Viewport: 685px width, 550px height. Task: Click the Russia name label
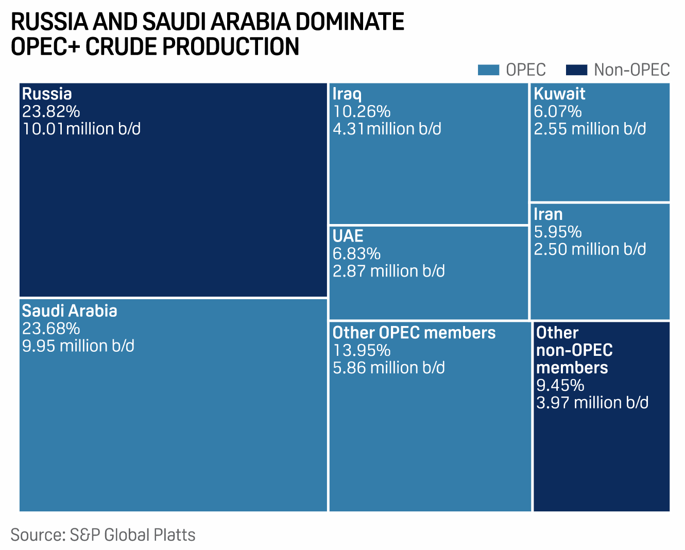(47, 94)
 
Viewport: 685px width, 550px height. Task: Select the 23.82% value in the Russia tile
(51, 111)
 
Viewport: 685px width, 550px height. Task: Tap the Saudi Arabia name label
(70, 311)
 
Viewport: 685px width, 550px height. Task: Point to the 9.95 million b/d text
(78, 346)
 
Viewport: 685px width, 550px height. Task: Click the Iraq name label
(347, 94)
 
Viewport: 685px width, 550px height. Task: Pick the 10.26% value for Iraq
(362, 111)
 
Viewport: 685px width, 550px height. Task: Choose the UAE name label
(348, 236)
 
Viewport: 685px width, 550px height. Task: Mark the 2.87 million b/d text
(389, 271)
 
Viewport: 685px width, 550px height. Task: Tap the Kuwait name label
(559, 94)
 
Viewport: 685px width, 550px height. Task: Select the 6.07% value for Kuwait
(558, 111)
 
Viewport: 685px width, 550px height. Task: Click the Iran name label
(548, 214)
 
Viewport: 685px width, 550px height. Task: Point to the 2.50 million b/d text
(590, 249)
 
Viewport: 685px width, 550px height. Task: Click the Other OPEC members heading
(414, 333)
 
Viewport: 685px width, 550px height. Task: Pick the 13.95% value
(362, 350)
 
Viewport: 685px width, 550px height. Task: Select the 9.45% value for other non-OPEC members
(560, 385)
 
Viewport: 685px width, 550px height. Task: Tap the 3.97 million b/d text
(592, 403)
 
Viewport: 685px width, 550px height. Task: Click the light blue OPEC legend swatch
(488, 70)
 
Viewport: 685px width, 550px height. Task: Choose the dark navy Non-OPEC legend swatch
(576, 70)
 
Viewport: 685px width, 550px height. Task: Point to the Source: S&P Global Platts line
(103, 535)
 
